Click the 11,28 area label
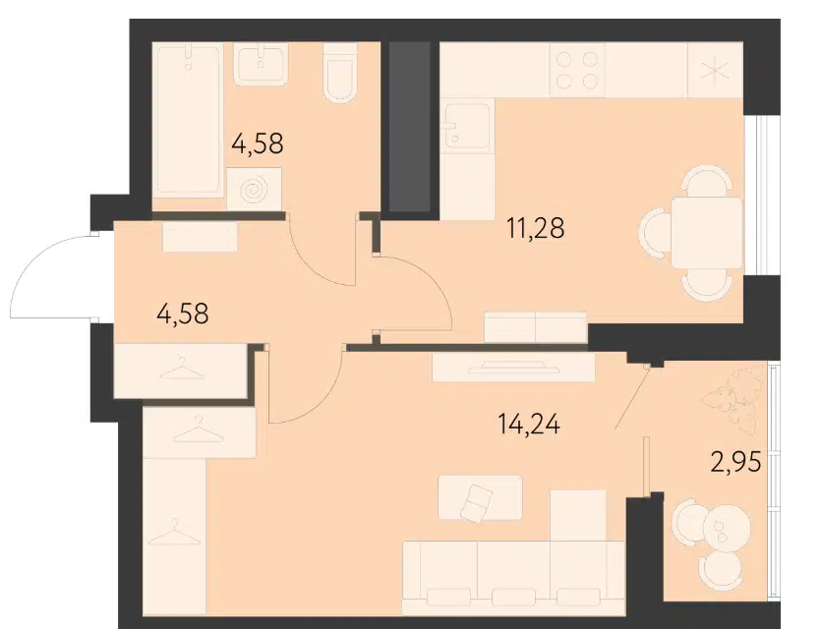point(535,229)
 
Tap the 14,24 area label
point(529,424)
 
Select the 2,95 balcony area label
point(735,462)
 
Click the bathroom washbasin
point(262,64)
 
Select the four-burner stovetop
point(576,69)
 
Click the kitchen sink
point(468,126)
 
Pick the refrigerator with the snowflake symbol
point(715,70)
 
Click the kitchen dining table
point(707,232)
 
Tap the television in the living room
point(513,367)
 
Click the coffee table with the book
point(480,498)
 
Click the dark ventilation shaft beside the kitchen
point(409,127)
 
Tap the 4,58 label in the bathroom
point(258,143)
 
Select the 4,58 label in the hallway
point(183,314)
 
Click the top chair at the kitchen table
point(707,180)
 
